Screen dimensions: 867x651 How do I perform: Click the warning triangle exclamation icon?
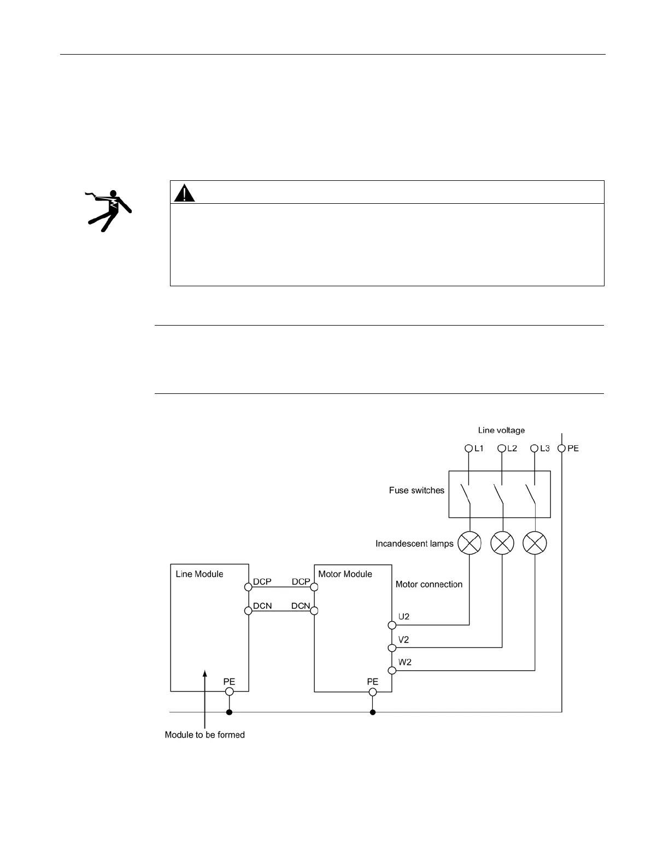click(x=185, y=193)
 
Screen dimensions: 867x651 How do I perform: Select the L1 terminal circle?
click(x=468, y=448)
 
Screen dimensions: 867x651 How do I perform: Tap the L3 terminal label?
click(x=544, y=448)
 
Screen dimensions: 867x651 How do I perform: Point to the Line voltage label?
click(x=501, y=430)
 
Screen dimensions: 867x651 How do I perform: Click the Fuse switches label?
click(x=417, y=490)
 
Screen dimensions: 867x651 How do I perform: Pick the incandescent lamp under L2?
click(x=502, y=543)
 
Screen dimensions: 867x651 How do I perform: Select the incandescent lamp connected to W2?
click(x=535, y=543)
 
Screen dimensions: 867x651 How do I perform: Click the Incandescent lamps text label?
click(x=414, y=544)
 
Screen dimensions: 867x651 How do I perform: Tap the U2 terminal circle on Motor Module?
click(x=392, y=625)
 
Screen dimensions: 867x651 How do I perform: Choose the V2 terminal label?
click(x=404, y=640)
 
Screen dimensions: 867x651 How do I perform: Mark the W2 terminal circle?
click(x=392, y=670)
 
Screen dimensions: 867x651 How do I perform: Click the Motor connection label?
click(x=429, y=584)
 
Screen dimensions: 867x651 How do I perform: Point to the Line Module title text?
click(x=199, y=574)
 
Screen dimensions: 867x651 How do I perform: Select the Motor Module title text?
click(x=345, y=574)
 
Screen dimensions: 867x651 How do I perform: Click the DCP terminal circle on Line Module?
click(x=249, y=587)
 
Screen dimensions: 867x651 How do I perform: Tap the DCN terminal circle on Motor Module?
click(x=314, y=610)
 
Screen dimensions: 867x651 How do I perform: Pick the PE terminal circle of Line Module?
click(x=230, y=692)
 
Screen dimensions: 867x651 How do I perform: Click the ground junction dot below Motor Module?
click(x=373, y=712)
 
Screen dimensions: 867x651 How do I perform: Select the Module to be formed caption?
click(x=204, y=735)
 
